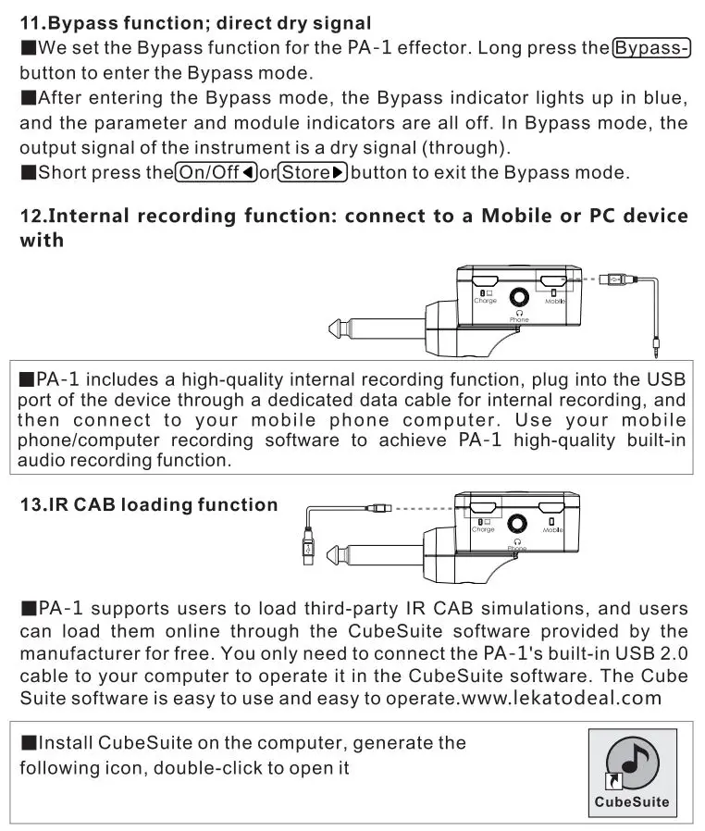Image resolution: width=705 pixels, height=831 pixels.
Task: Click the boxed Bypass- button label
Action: tap(653, 48)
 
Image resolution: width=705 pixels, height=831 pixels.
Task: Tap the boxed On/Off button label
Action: tap(215, 171)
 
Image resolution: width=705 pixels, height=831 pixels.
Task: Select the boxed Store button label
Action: tap(314, 171)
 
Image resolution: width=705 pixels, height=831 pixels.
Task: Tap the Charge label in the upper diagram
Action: tap(485, 301)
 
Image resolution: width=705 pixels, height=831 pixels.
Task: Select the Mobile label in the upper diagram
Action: tap(555, 302)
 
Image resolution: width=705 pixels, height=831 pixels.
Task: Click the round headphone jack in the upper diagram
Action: tap(518, 296)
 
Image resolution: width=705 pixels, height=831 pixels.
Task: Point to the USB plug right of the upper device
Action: tap(615, 277)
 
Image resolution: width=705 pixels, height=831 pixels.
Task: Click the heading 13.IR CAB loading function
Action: tap(148, 504)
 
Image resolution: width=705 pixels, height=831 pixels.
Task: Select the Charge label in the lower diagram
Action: tap(483, 529)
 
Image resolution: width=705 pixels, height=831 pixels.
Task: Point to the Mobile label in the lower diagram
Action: tap(553, 529)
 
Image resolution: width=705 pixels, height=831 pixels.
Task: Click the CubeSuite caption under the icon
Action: tap(632, 801)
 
